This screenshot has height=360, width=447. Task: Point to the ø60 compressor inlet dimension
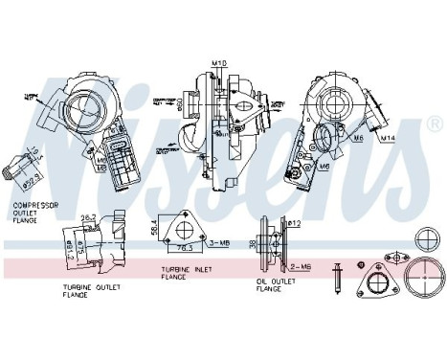[x=179, y=101]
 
